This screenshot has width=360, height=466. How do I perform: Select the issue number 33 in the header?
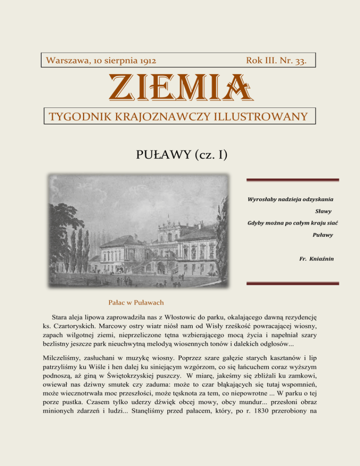tap(300, 61)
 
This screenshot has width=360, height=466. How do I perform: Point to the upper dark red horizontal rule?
tap(292, 180)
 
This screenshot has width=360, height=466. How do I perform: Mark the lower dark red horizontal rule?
tap(292, 283)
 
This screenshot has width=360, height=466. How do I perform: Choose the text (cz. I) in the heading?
tap(208, 153)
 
